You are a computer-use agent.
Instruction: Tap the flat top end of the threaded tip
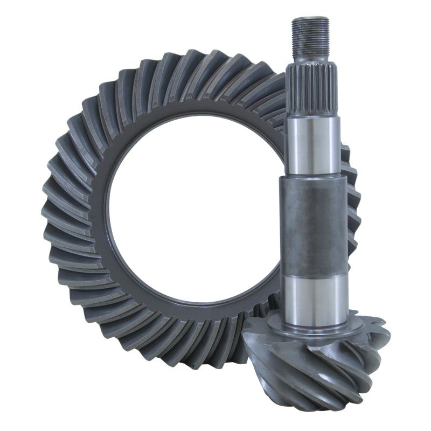(310, 19)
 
